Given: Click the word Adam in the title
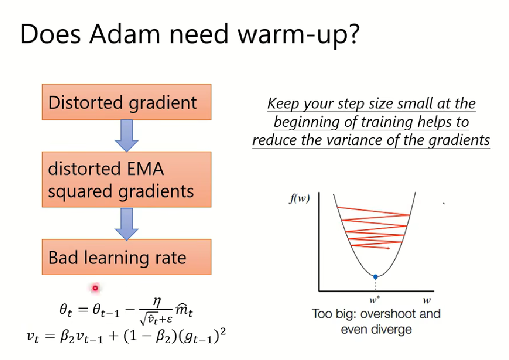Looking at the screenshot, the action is tap(125, 34).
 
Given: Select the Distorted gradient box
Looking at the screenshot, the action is tap(127, 102).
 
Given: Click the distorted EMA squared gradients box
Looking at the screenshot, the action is tap(127, 180).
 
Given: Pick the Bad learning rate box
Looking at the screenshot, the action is tap(127, 257).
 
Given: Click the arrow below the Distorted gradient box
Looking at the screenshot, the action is tap(127, 136).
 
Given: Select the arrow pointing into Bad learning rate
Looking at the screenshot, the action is tap(127, 224).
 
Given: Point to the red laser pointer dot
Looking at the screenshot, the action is tap(95, 288).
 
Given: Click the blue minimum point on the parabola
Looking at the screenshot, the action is tap(375, 277).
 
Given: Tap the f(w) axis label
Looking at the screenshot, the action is tap(299, 198).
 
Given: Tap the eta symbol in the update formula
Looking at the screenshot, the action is tap(156, 302).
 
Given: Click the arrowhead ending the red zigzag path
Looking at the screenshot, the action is tap(388, 249).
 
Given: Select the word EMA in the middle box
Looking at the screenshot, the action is tap(145, 169).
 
